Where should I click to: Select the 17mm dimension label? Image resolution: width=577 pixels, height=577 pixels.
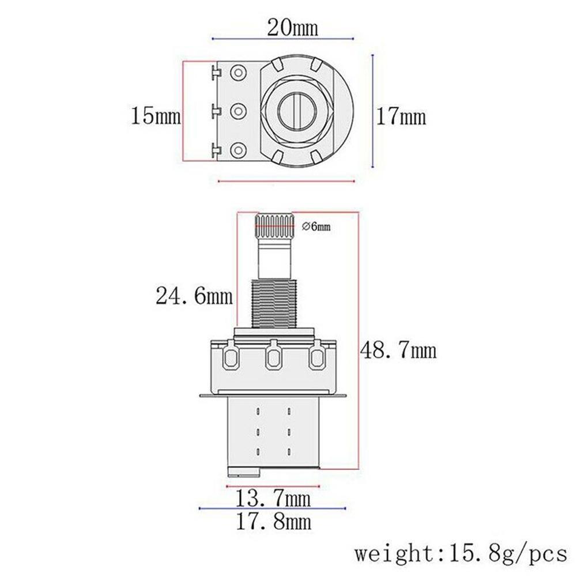tap(402, 118)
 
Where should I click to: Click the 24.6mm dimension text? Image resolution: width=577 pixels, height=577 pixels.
tap(194, 297)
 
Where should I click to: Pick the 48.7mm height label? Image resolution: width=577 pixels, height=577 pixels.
tap(398, 349)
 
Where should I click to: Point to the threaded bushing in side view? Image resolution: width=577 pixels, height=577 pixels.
tap(274, 299)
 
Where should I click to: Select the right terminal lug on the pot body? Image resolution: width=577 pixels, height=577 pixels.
tap(316, 357)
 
